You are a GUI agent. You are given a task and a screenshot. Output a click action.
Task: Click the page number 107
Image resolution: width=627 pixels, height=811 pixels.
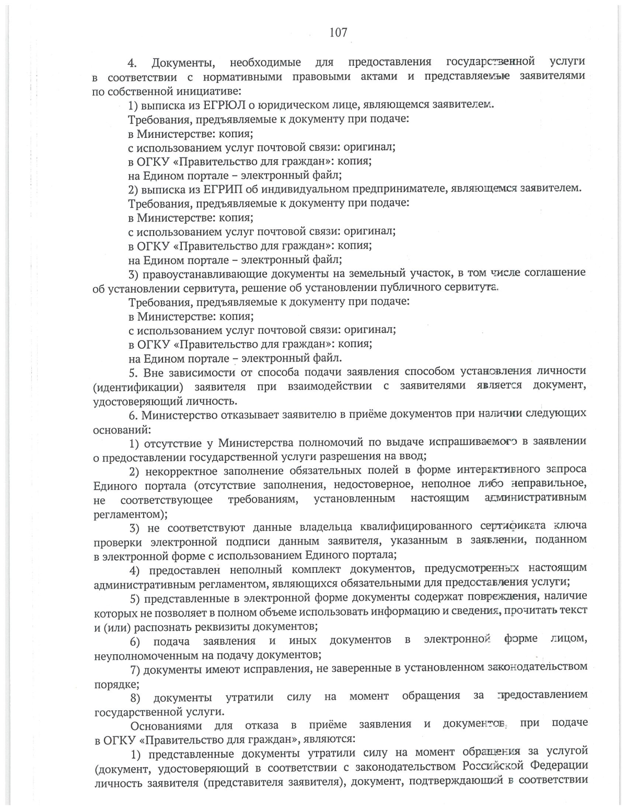coord(338,32)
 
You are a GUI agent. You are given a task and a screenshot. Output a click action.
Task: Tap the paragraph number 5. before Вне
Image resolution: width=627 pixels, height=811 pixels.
coord(133,372)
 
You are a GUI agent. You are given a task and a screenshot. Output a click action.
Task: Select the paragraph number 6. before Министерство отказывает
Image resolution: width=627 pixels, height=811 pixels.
coord(133,414)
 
